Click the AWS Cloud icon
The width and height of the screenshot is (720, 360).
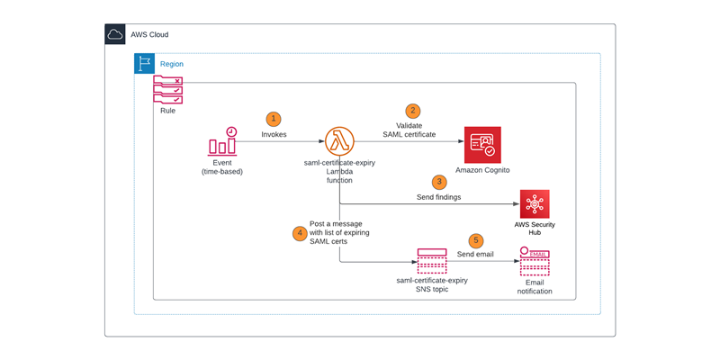(x=115, y=35)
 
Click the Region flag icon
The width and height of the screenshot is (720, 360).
(x=144, y=64)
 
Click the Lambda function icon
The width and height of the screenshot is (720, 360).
(x=339, y=141)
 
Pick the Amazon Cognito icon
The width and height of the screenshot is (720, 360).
(x=482, y=144)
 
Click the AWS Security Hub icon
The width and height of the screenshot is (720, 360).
(x=535, y=204)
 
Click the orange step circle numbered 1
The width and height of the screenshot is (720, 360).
(x=274, y=119)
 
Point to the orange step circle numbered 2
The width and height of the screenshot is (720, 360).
(x=413, y=111)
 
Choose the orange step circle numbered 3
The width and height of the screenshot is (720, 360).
(x=439, y=181)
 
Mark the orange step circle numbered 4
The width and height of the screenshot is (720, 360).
(x=300, y=232)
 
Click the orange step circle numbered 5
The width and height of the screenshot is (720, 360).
(x=476, y=240)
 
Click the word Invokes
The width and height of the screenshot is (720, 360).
(x=274, y=134)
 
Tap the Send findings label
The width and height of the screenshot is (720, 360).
(x=439, y=196)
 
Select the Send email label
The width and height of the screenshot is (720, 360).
(x=476, y=256)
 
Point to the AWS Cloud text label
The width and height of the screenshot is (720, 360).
(x=149, y=35)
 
